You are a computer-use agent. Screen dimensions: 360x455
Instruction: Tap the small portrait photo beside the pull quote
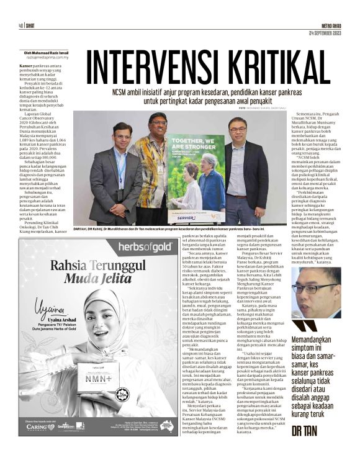coord(324,292)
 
